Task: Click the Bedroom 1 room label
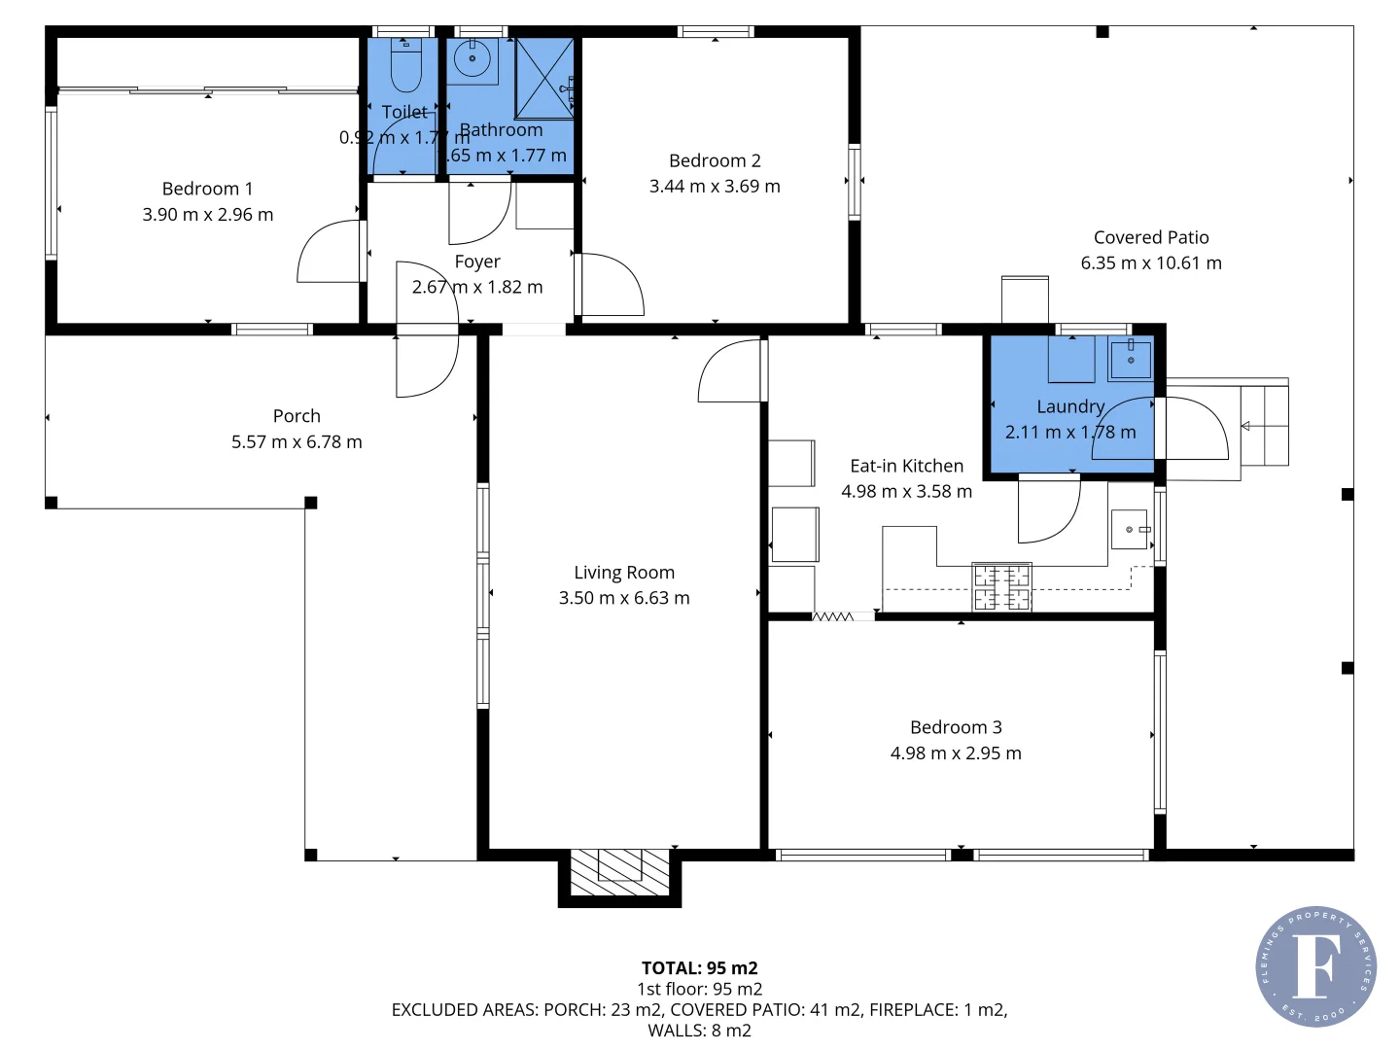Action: click(x=207, y=189)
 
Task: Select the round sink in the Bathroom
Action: click(x=472, y=60)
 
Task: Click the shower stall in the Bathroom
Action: click(x=544, y=79)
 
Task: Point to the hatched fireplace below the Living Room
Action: click(x=619, y=872)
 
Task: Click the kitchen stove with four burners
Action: click(x=1002, y=587)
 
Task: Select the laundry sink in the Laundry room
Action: click(x=1130, y=359)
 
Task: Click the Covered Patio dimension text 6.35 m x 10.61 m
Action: click(x=1151, y=262)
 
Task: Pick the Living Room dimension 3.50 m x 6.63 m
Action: click(x=624, y=598)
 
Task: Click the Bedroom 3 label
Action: click(x=956, y=727)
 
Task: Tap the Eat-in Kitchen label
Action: click(x=906, y=466)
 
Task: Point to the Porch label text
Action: click(x=297, y=416)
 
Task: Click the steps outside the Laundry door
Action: click(x=1264, y=426)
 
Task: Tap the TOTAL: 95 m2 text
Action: click(x=699, y=968)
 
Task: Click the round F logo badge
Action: click(x=1315, y=966)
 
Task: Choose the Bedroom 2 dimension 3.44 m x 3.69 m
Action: click(x=715, y=186)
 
